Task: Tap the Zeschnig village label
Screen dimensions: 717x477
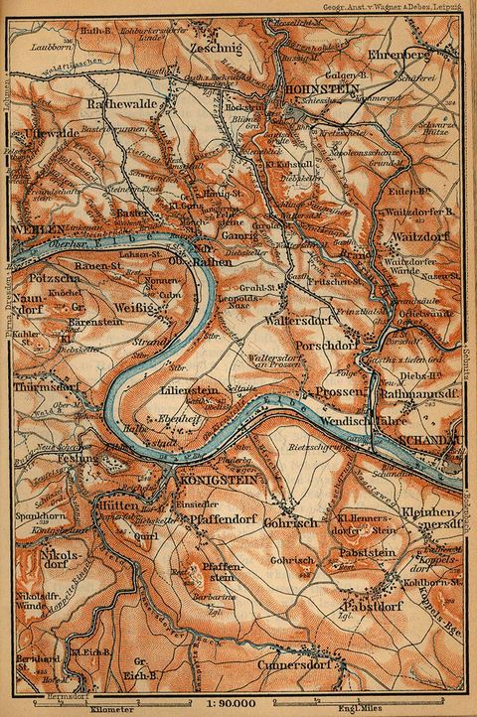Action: pyautogui.click(x=209, y=47)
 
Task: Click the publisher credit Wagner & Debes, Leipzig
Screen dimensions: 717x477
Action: pyautogui.click(x=410, y=6)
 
